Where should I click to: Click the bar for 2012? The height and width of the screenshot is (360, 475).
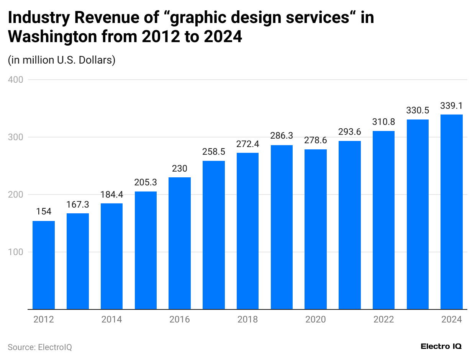click(44, 265)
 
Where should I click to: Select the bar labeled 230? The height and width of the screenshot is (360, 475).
click(180, 243)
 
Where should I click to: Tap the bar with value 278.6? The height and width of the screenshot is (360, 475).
click(316, 229)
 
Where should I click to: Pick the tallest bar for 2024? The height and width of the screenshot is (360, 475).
click(452, 212)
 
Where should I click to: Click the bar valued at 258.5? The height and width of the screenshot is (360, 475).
click(214, 235)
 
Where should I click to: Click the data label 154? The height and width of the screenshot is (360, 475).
click(44, 212)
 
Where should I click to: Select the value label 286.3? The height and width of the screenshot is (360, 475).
click(282, 136)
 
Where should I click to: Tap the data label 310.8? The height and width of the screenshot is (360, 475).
click(383, 122)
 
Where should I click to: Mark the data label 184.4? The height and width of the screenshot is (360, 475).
click(112, 195)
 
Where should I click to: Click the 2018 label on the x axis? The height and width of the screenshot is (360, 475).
click(247, 319)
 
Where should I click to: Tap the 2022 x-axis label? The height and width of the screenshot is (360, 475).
click(383, 319)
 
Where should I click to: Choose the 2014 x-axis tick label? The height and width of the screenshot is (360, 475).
click(112, 319)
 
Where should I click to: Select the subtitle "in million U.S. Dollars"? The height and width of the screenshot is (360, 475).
click(62, 60)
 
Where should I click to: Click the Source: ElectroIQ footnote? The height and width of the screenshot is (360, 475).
click(40, 347)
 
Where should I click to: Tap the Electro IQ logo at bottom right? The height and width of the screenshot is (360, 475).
click(441, 346)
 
